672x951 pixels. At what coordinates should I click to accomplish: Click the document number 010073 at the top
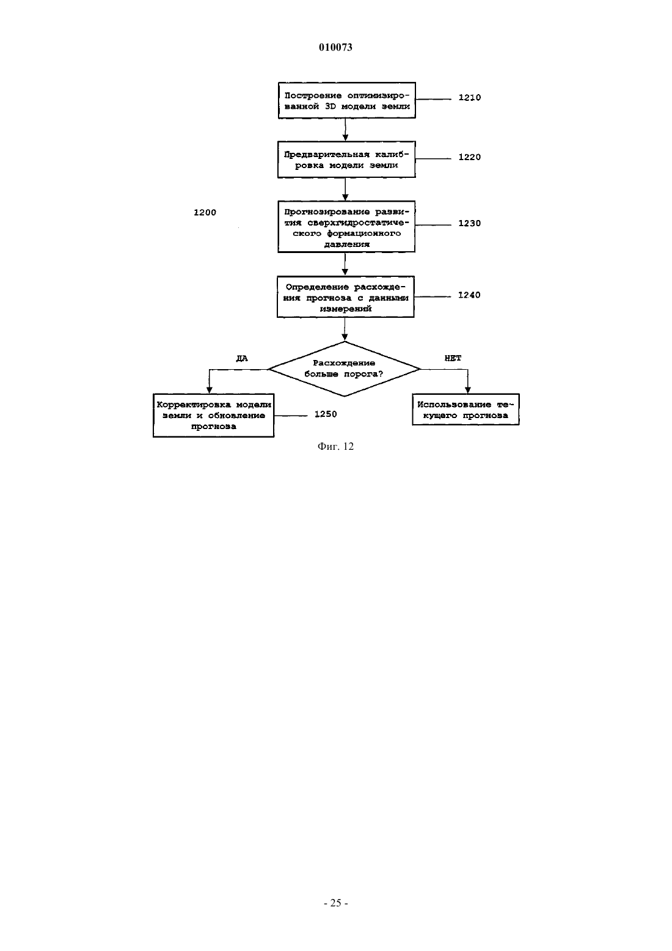(x=335, y=47)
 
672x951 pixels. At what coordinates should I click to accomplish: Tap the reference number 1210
(x=470, y=98)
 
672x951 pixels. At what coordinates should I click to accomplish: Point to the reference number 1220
(x=470, y=157)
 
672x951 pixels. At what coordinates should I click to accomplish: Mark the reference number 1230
(x=470, y=223)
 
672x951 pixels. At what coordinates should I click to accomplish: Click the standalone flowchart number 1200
(x=205, y=212)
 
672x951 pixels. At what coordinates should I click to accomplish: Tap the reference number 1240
(x=469, y=295)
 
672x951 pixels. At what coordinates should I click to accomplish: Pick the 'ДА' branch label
(x=242, y=358)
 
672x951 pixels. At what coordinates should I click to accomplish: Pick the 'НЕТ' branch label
(x=453, y=358)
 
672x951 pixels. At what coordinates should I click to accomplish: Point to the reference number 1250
(x=326, y=414)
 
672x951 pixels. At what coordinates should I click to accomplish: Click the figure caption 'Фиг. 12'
(x=335, y=446)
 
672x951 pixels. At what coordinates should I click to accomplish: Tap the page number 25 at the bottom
(x=335, y=903)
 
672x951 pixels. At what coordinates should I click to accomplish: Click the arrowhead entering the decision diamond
(x=345, y=338)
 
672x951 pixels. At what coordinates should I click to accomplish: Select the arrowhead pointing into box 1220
(x=345, y=138)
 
